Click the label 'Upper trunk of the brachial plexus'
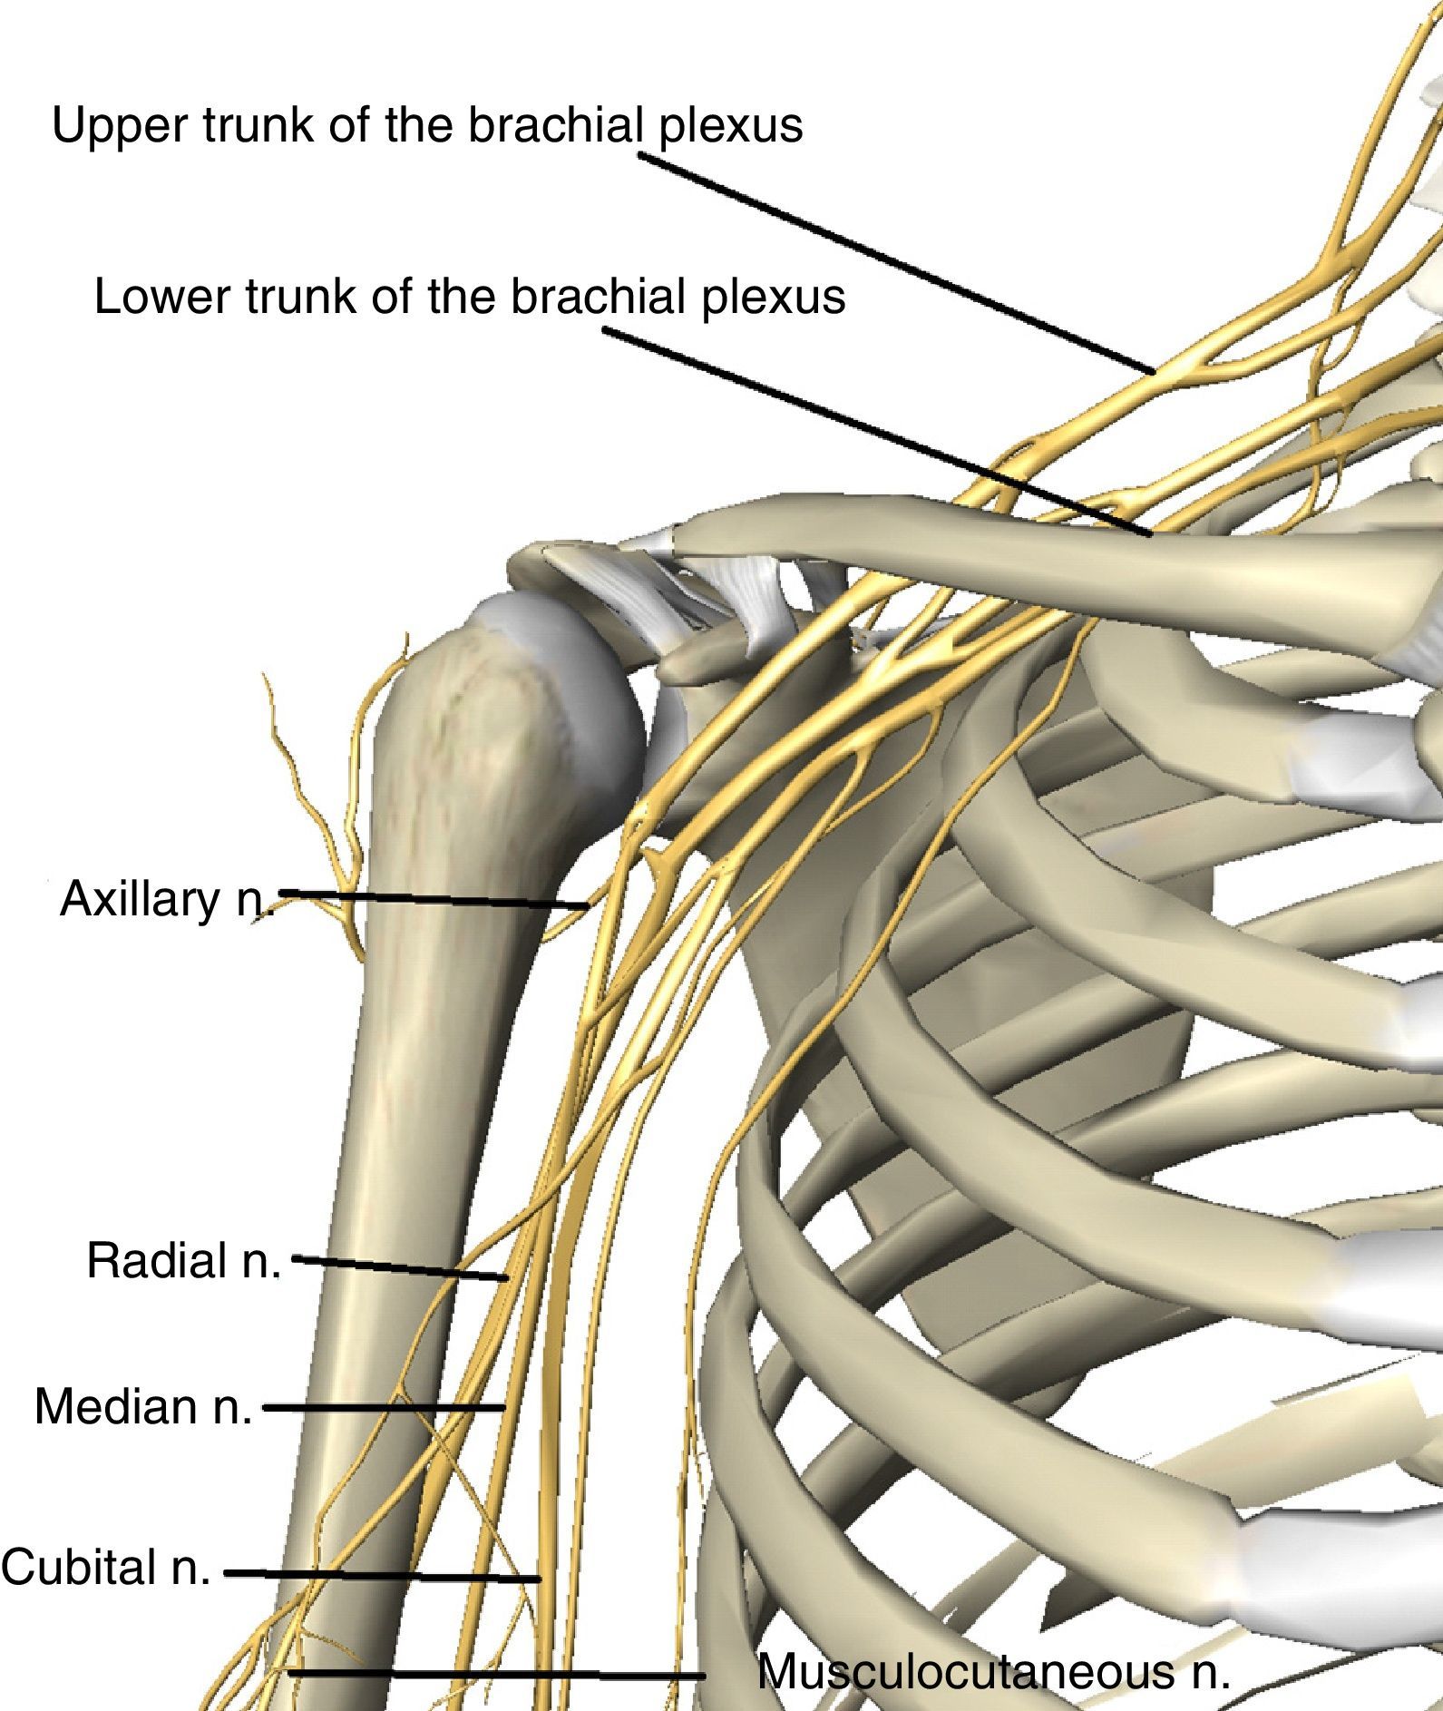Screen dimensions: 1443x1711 click(427, 125)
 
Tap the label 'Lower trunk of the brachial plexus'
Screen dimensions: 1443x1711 click(469, 297)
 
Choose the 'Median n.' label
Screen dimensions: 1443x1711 click(142, 1406)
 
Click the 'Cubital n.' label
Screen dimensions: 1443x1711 click(105, 1567)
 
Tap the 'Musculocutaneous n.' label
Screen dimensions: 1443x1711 click(993, 1670)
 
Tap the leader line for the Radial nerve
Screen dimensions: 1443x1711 click(399, 1268)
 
